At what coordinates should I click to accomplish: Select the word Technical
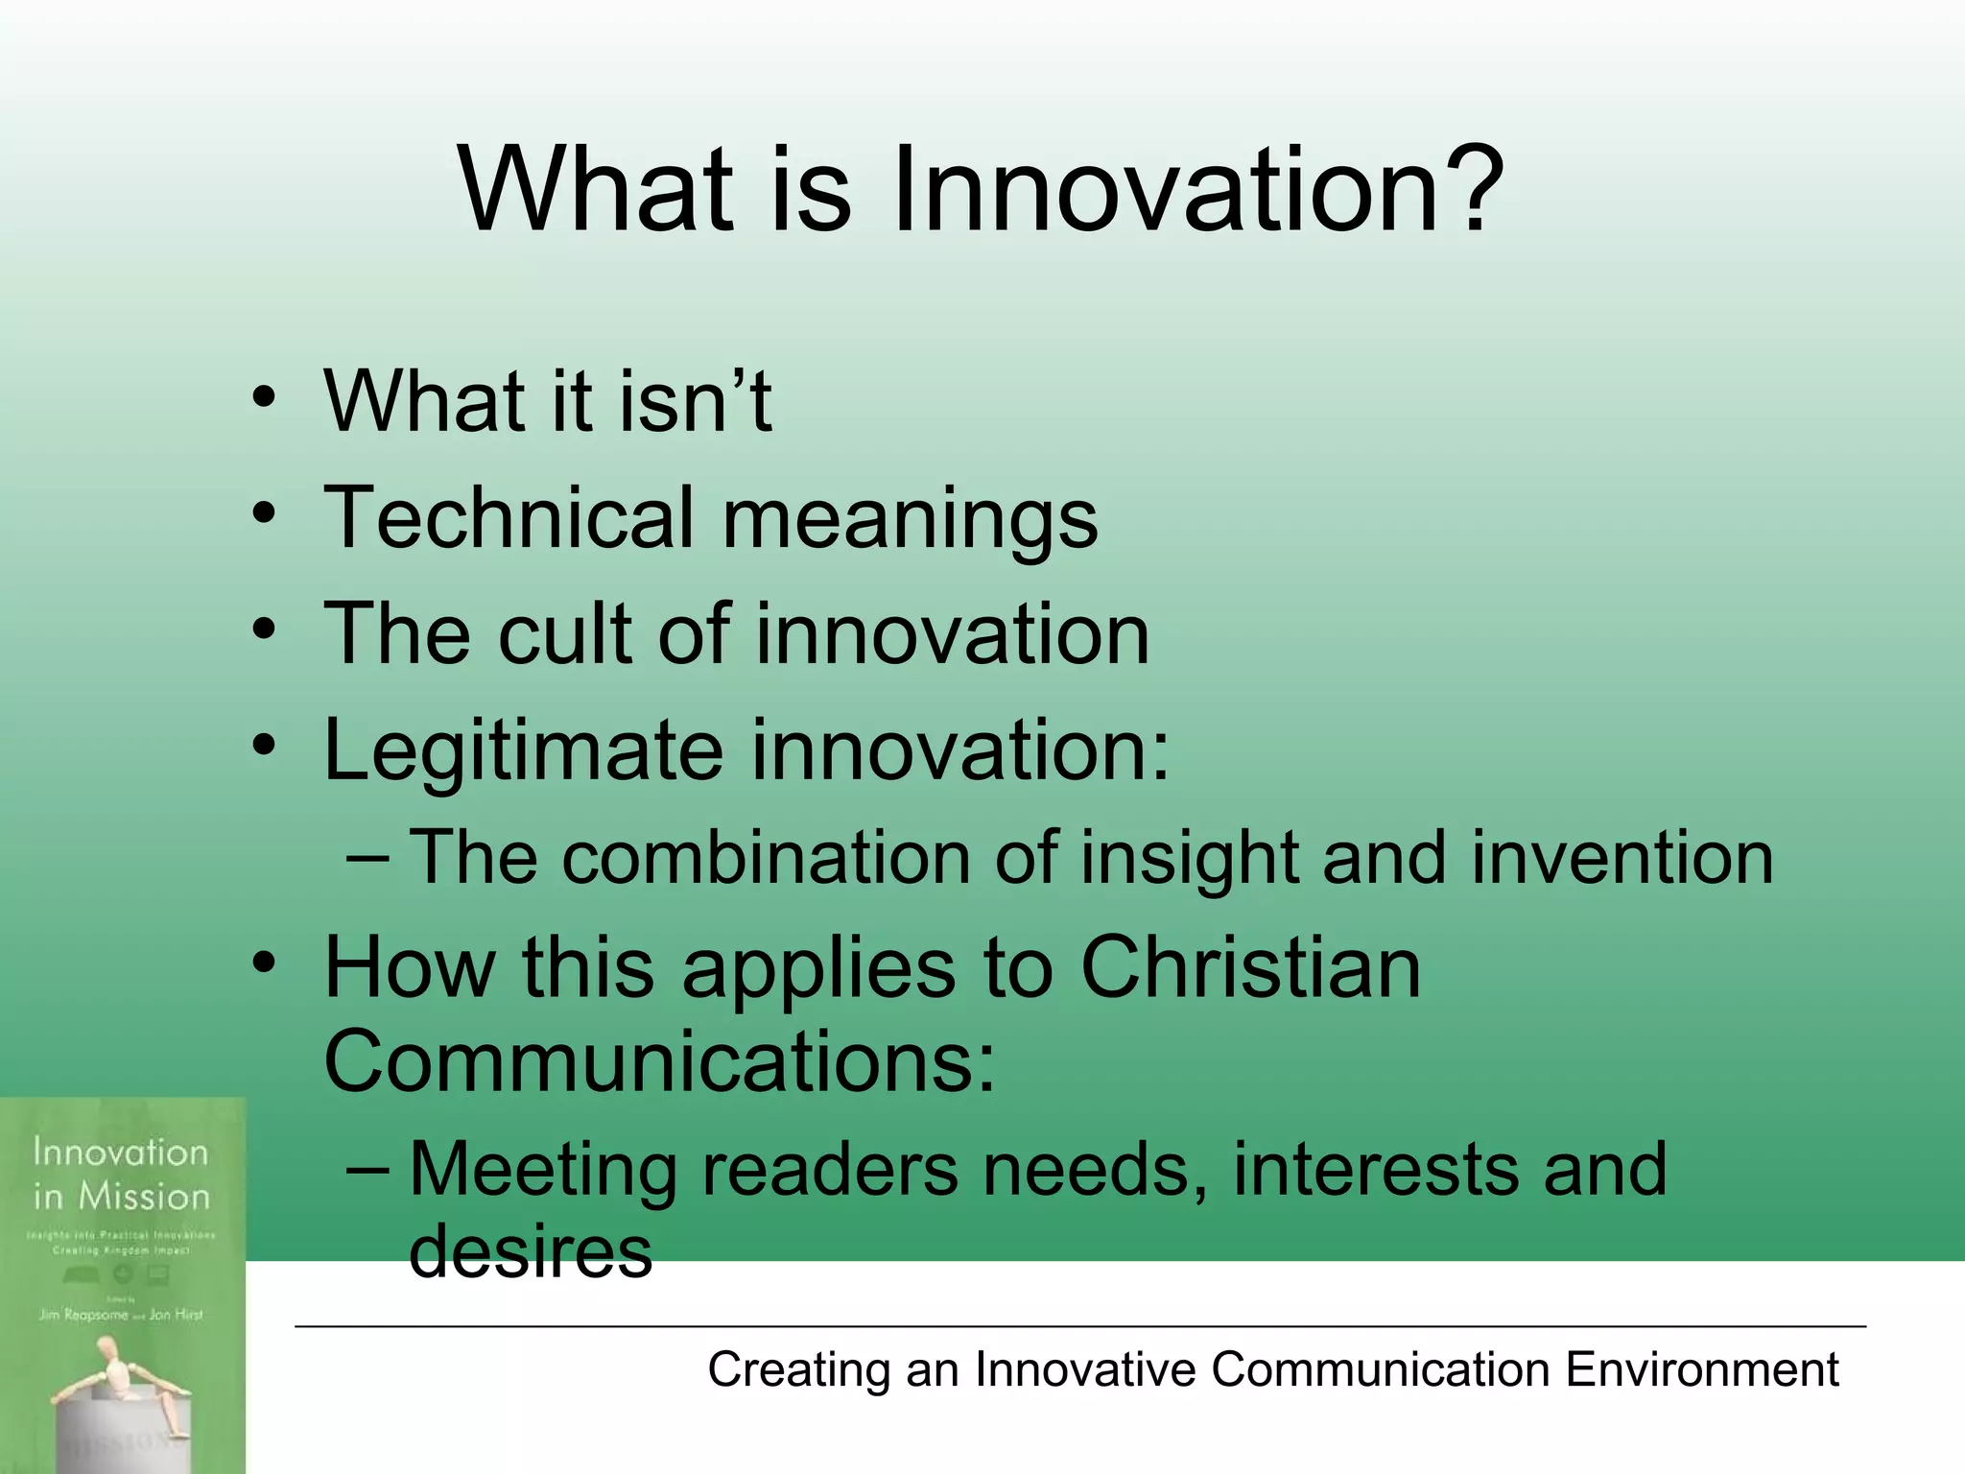[509, 518]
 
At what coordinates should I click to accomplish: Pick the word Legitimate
[523, 750]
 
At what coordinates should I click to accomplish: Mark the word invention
[1622, 857]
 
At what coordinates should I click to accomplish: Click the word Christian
[1250, 967]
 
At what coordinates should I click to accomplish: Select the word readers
[830, 1170]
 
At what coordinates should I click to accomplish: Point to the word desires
[531, 1251]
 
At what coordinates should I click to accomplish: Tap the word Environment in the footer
[1702, 1369]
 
